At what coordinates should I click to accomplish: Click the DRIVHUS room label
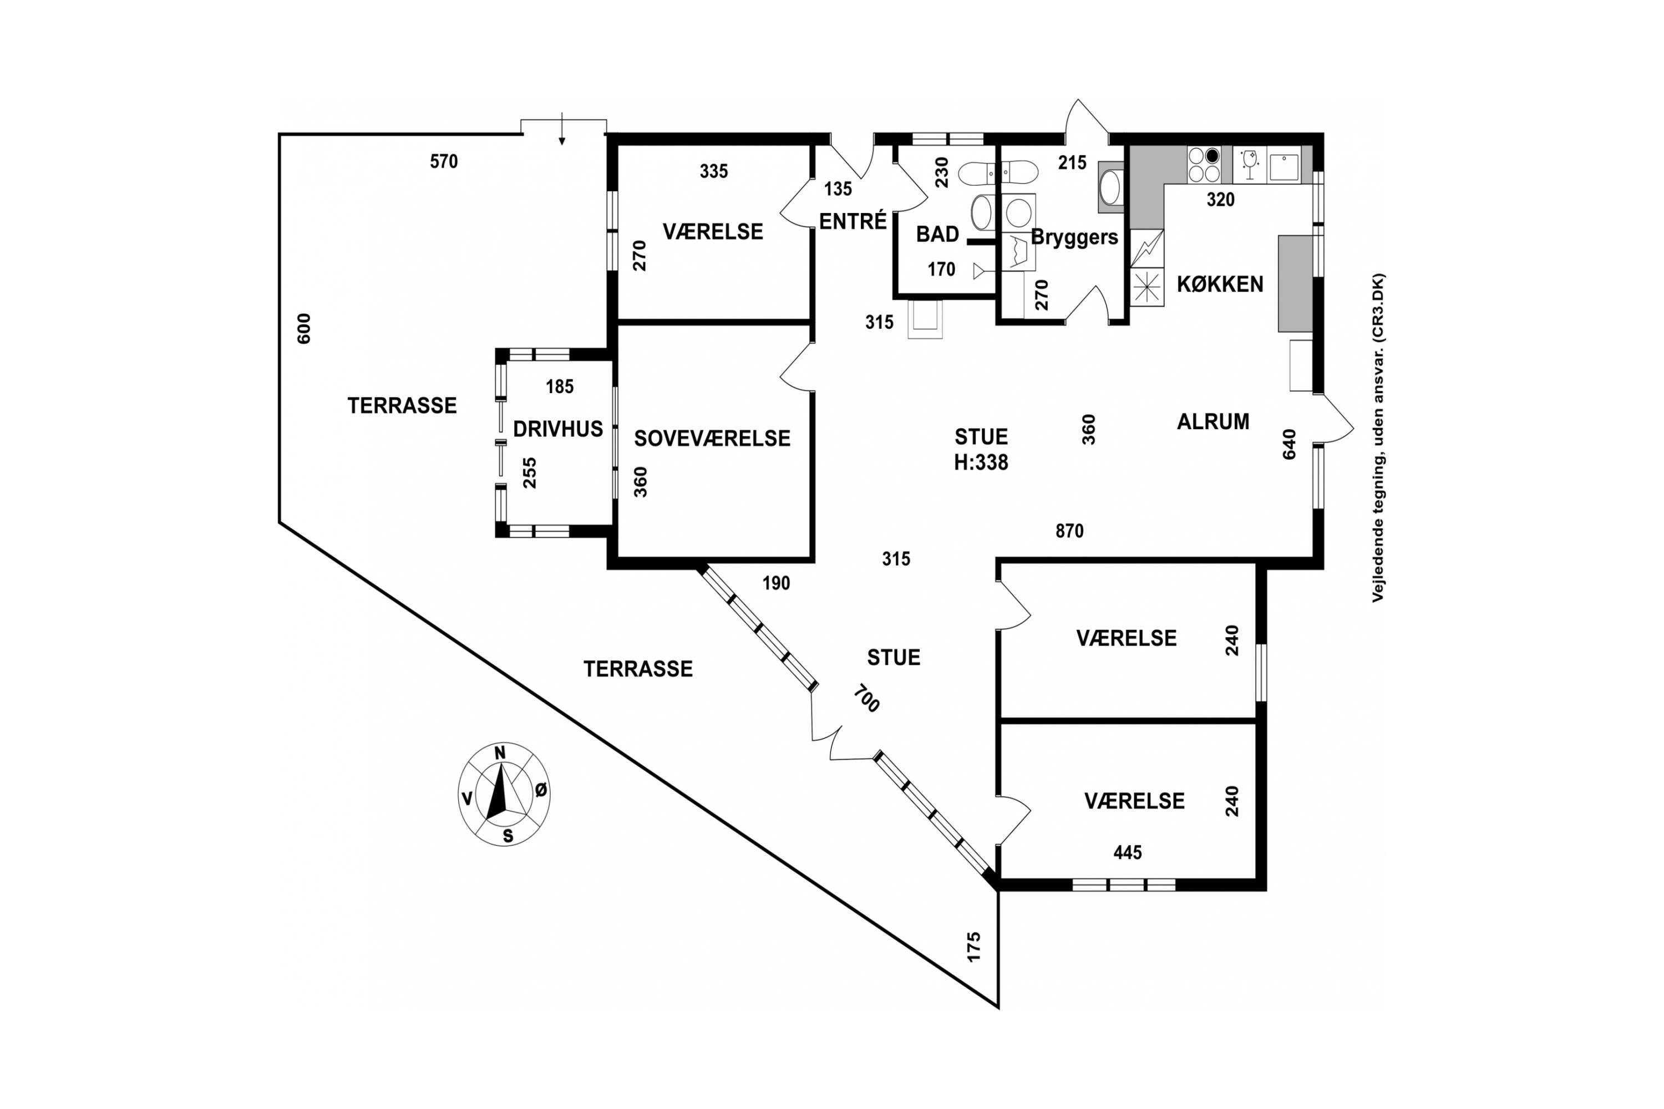(557, 429)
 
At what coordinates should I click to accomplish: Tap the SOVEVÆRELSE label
(712, 439)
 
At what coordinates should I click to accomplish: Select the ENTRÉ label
(853, 221)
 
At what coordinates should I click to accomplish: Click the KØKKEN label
(1220, 284)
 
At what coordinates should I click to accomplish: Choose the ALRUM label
(1213, 421)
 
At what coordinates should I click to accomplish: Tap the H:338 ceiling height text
(981, 462)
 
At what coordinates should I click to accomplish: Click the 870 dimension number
(1069, 531)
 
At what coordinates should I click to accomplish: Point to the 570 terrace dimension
(444, 162)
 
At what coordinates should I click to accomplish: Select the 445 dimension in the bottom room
(1127, 853)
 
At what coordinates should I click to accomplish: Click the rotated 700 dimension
(866, 698)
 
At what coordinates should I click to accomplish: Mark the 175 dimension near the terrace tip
(974, 947)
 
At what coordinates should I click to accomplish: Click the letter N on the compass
(500, 753)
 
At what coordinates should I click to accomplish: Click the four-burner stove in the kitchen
(1204, 165)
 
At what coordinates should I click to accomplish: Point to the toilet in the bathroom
(998, 172)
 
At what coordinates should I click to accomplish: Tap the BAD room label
(937, 234)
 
